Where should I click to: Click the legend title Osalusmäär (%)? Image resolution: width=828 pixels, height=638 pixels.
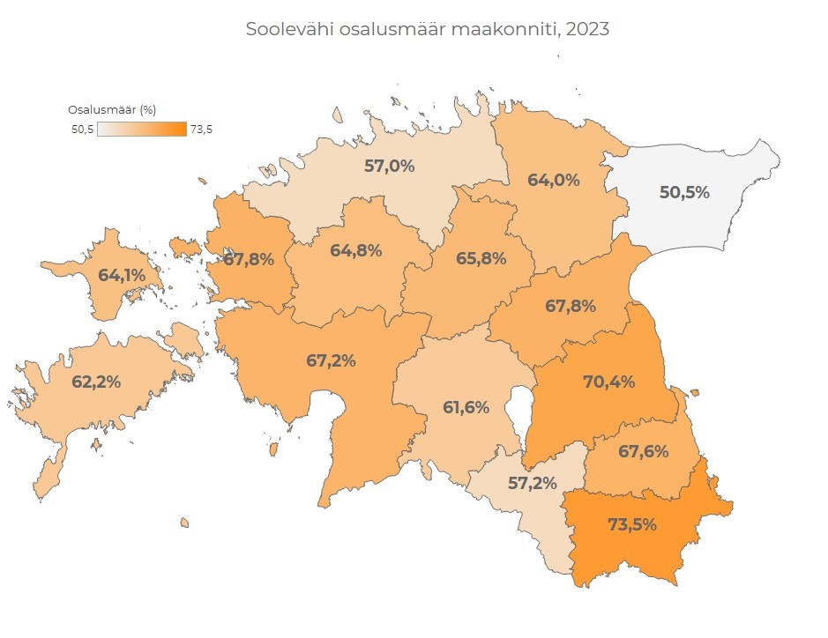coord(112,110)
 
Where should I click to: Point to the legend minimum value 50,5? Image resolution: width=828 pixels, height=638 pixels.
coord(82,130)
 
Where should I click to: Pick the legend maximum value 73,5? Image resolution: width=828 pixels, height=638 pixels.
coord(201,130)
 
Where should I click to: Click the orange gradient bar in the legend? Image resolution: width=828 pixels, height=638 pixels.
coord(142,130)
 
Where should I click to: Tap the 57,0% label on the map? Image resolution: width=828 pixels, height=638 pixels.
coord(389,165)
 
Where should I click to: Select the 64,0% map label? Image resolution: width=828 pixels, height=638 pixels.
coord(553,180)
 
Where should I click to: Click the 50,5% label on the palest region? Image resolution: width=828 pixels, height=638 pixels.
coord(684,192)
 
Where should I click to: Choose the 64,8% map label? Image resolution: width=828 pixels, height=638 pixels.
coord(355,250)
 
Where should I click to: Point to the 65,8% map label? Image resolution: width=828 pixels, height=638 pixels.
coord(481,259)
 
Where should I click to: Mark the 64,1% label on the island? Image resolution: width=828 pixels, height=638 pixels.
coord(123,275)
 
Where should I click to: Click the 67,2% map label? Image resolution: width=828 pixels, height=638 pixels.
coord(331,360)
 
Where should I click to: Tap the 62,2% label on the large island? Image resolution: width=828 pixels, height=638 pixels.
coord(96,382)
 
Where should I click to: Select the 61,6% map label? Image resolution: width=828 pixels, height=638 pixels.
coord(466,407)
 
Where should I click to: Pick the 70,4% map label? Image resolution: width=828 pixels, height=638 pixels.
coord(609,382)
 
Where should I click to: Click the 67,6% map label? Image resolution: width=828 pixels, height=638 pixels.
coord(643,451)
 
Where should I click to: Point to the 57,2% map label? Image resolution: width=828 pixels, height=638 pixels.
coord(532,484)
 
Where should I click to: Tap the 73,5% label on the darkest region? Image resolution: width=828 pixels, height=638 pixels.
coord(632,524)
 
